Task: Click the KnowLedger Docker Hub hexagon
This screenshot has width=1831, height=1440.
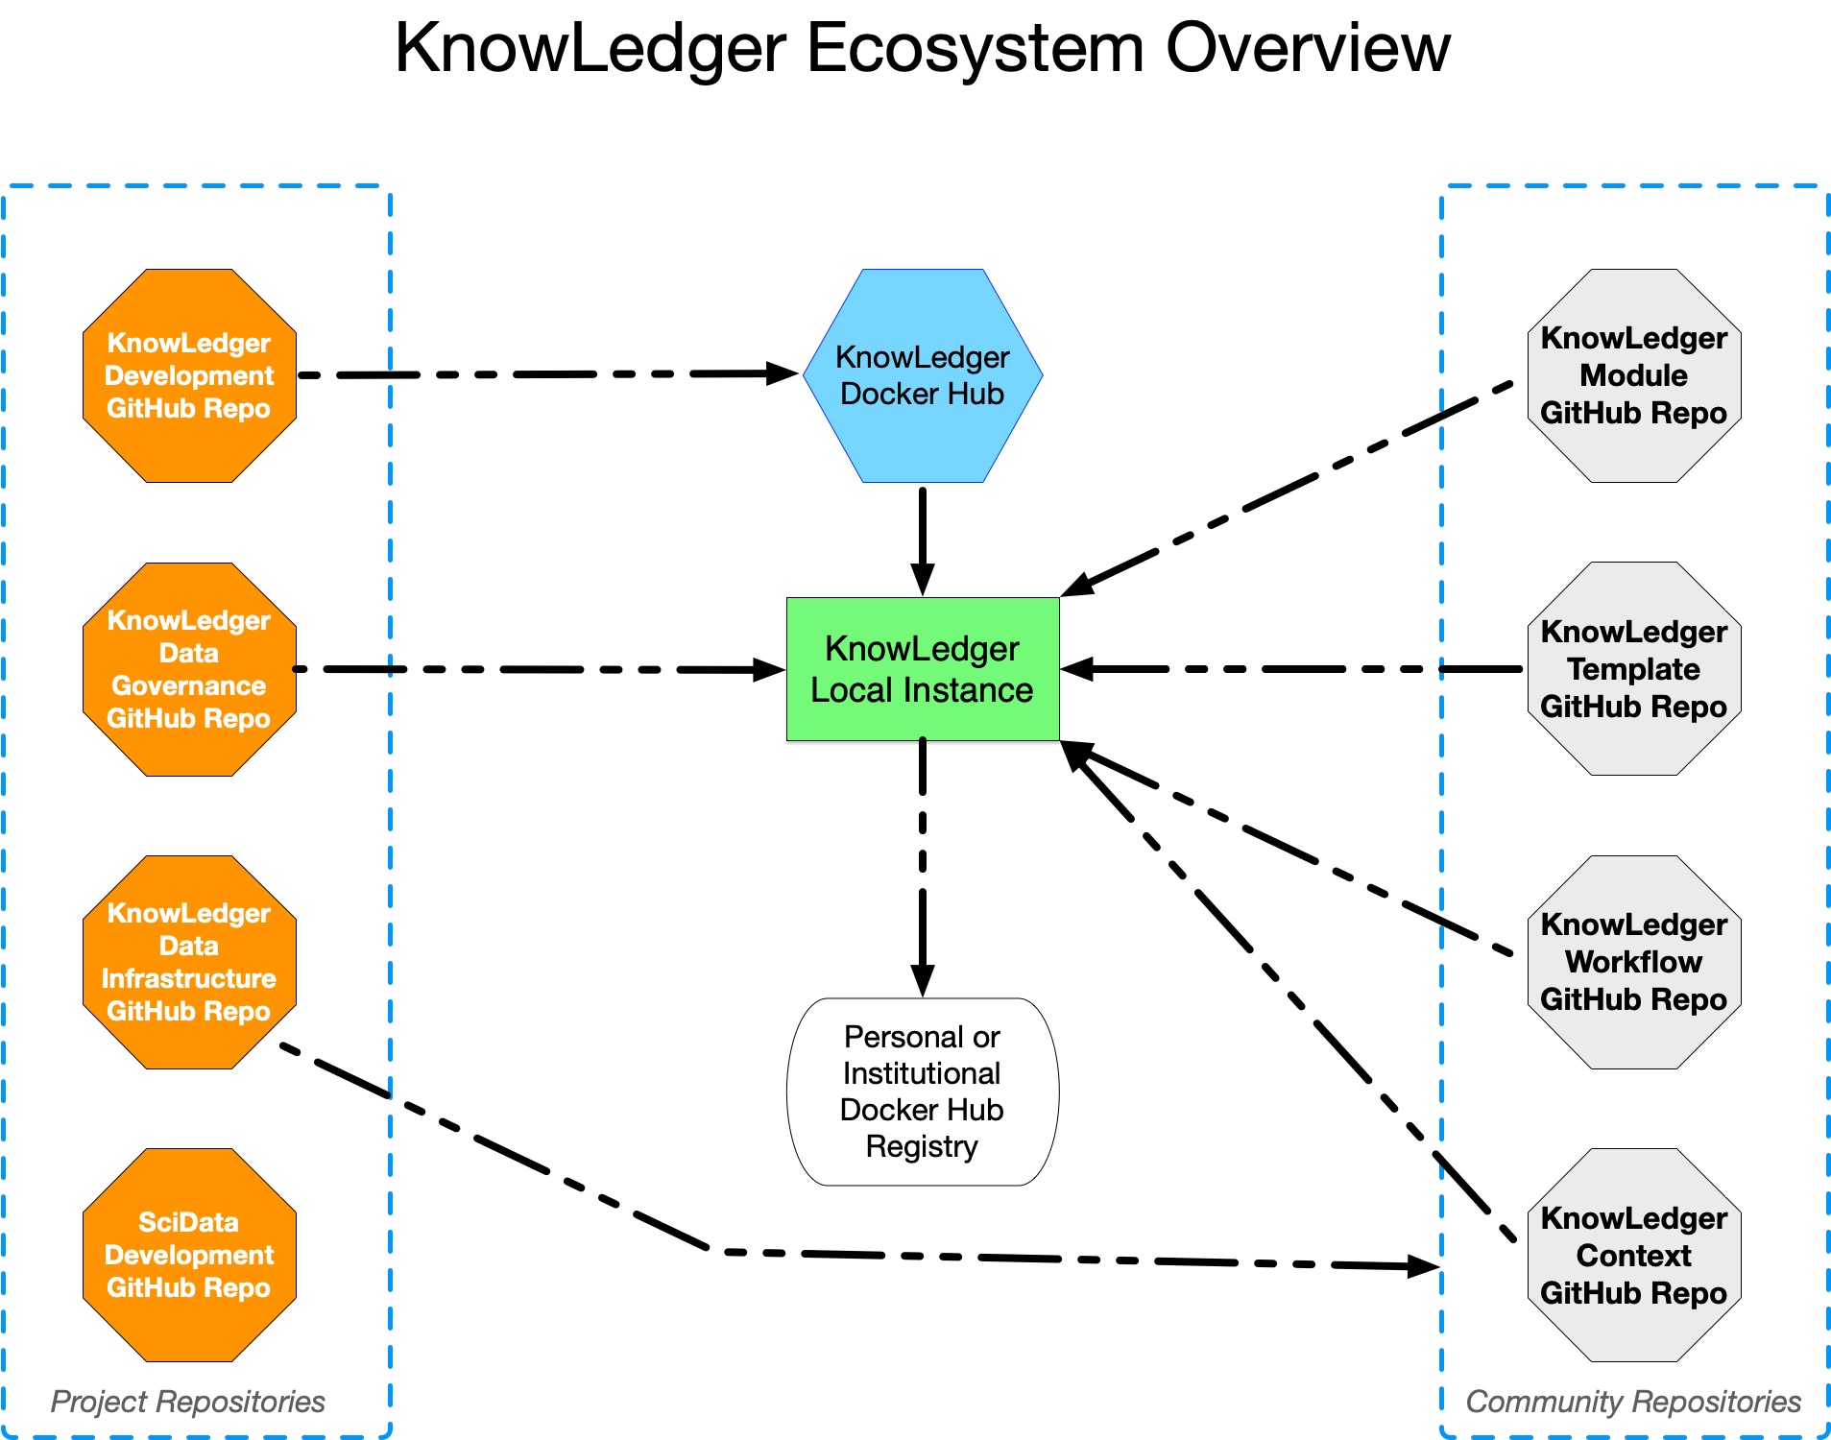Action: click(x=922, y=375)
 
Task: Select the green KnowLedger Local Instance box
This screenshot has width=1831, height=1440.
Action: click(x=922, y=669)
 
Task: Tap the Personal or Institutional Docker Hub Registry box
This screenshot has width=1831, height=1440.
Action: click(x=922, y=1092)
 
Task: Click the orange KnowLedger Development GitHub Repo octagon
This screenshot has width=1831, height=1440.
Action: click(x=189, y=375)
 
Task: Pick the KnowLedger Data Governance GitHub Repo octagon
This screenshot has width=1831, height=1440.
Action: click(x=189, y=669)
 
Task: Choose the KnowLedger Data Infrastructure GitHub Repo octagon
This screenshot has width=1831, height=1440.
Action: click(x=189, y=962)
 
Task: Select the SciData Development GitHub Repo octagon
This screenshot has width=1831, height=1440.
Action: click(x=189, y=1255)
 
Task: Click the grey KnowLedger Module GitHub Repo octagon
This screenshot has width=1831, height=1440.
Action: click(x=1633, y=375)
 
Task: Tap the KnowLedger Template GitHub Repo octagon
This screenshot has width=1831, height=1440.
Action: click(x=1633, y=669)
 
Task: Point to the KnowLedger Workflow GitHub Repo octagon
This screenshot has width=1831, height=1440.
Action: click(x=1633, y=962)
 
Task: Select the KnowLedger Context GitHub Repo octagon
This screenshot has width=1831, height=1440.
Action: click(x=1633, y=1255)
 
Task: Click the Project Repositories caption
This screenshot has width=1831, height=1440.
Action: click(x=188, y=1402)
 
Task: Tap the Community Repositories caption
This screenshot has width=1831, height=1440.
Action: click(x=1632, y=1402)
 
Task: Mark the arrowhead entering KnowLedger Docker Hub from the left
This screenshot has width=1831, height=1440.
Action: click(x=783, y=373)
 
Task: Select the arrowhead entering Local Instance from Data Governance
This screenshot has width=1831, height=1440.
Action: click(x=769, y=670)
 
